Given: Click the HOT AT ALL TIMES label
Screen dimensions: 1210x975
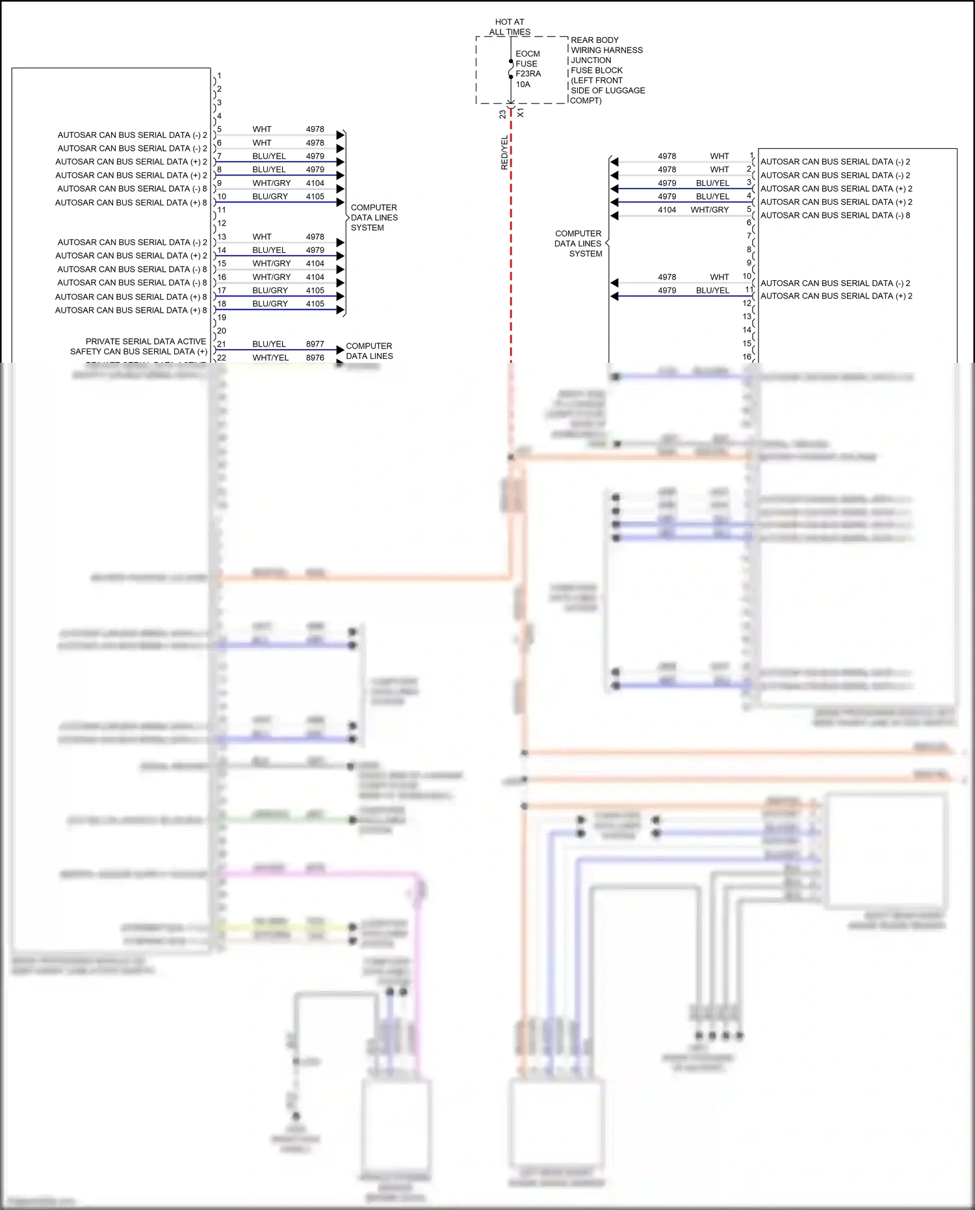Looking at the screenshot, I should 510,27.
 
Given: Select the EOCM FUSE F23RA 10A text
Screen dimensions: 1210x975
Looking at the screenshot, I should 528,69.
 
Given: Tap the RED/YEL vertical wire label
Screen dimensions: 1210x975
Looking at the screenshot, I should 504,153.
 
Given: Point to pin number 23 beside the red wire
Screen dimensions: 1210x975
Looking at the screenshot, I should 502,114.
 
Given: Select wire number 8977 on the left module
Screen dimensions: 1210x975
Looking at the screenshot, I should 315,344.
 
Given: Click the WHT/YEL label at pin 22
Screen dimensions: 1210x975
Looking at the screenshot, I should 270,358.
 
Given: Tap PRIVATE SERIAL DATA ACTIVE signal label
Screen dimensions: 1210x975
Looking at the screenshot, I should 146,341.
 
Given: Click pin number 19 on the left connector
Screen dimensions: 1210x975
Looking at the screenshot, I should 222,317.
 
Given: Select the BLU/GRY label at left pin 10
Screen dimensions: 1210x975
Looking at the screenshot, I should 270,196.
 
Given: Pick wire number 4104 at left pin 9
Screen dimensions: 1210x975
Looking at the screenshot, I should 315,183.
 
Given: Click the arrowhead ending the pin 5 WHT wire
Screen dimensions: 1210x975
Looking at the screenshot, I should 340,135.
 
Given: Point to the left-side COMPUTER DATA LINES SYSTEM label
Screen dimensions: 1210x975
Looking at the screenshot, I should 374,218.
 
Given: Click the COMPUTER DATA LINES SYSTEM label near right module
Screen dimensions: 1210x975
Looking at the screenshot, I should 578,244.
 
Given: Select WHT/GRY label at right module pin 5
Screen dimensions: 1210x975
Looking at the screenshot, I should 709,210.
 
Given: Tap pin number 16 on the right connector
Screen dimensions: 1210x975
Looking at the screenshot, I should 747,356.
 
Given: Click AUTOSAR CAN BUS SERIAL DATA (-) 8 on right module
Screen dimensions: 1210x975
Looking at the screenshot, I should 835,215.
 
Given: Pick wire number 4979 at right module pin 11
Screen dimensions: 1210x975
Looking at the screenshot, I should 667,291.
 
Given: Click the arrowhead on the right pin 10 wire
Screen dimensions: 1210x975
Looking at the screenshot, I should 614,283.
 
